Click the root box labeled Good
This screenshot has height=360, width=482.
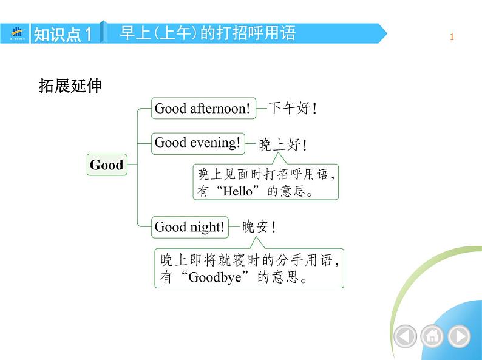pos(107,165)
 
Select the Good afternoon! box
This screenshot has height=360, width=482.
pos(202,109)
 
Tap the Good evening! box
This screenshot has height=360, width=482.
pos(198,143)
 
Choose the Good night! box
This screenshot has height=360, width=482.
pos(189,227)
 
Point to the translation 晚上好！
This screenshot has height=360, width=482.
pos(283,145)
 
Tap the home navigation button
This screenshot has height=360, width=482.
pos(432,336)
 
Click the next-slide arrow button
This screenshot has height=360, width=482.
pos(458,336)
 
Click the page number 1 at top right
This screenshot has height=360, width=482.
pos(452,38)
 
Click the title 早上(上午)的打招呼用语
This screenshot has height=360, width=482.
pos(208,33)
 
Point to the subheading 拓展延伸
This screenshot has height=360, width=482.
pos(70,86)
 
